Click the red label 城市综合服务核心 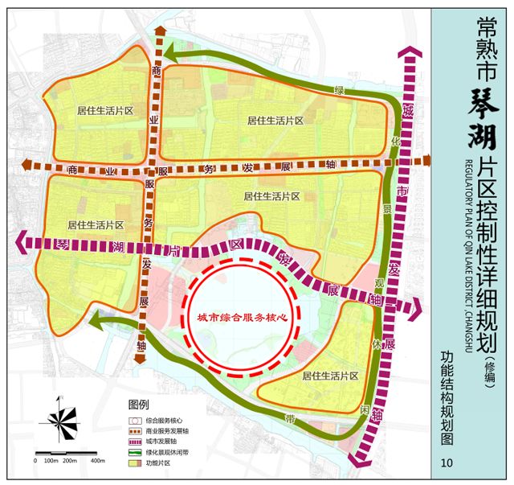click(242, 319)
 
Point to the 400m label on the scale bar click(98, 461)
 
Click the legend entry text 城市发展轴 click(161, 442)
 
